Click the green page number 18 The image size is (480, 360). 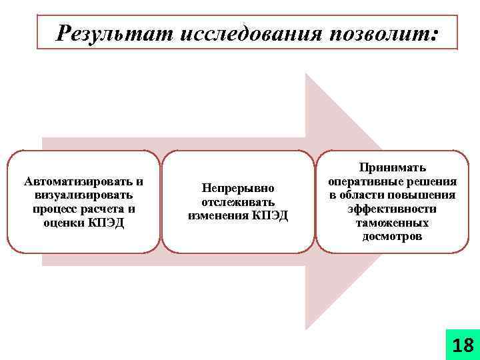tap(463, 345)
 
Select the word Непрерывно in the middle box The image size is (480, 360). tap(238, 189)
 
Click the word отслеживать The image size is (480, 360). tap(238, 202)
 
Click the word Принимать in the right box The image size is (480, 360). tap(392, 167)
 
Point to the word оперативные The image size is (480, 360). tap(364, 181)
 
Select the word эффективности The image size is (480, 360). tap(392, 209)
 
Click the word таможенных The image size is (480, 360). tap(392, 223)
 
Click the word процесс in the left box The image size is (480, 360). tap(55, 209)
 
